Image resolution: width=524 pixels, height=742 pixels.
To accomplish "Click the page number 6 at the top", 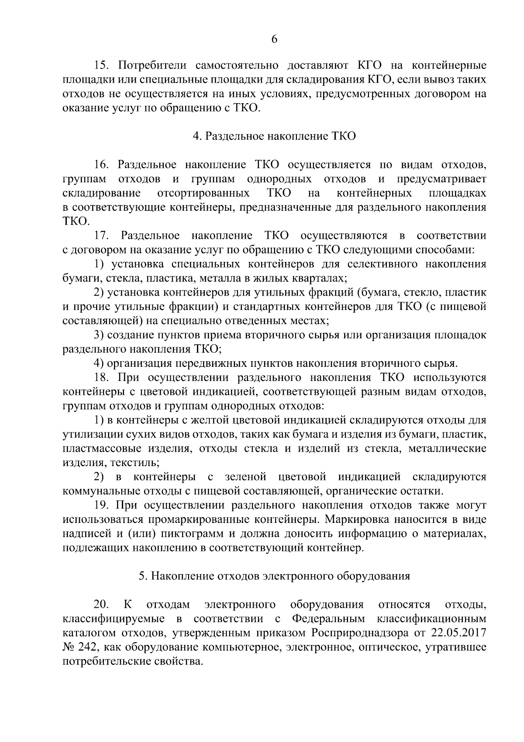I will (x=274, y=39).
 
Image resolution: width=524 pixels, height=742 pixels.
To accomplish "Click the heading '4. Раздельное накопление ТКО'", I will (x=274, y=136).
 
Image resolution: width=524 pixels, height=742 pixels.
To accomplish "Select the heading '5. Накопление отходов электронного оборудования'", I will (x=274, y=576).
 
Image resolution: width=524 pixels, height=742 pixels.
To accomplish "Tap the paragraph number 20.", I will (x=101, y=605).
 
